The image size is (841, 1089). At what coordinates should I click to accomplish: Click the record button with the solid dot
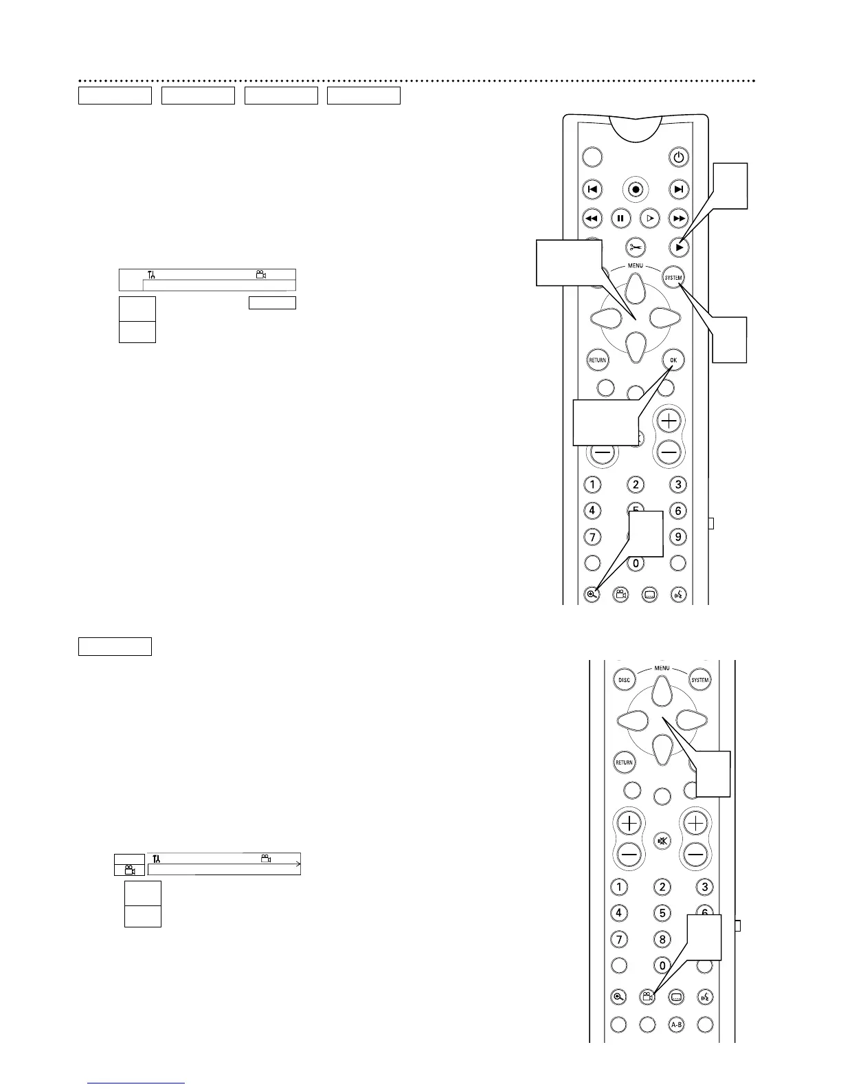click(x=636, y=189)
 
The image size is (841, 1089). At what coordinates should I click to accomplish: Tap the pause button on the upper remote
click(x=620, y=219)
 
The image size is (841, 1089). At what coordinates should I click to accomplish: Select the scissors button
click(x=636, y=247)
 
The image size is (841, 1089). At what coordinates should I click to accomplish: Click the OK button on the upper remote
click(x=673, y=360)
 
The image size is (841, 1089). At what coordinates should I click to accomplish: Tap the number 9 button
click(x=678, y=536)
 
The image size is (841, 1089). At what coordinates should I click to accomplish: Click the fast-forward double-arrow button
click(x=679, y=219)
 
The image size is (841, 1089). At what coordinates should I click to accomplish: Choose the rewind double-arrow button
click(x=592, y=219)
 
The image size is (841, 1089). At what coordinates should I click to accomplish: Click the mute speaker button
click(x=662, y=841)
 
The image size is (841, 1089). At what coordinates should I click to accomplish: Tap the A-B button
click(x=676, y=1025)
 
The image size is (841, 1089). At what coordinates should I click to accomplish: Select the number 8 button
click(x=662, y=938)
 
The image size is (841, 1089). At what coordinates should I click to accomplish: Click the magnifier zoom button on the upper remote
click(x=592, y=595)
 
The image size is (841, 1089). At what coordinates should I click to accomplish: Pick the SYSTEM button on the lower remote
click(x=699, y=680)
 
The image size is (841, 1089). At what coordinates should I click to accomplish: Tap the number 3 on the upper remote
click(x=678, y=485)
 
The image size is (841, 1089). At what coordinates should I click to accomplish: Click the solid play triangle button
click(x=679, y=247)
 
